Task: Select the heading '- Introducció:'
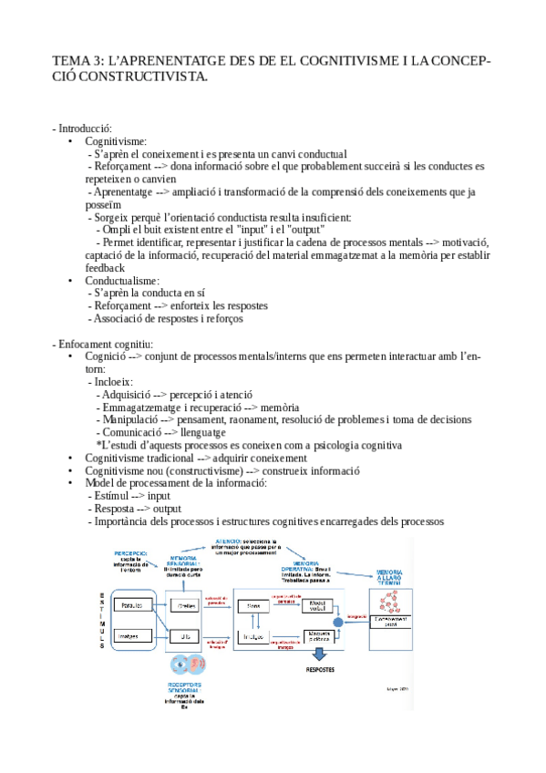tap(84, 129)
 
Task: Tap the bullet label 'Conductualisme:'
tap(122, 281)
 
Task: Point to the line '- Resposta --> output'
tap(135, 509)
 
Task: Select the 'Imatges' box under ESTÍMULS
tap(137, 636)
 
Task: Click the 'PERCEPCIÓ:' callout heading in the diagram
tap(138, 554)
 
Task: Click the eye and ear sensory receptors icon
tap(188, 661)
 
